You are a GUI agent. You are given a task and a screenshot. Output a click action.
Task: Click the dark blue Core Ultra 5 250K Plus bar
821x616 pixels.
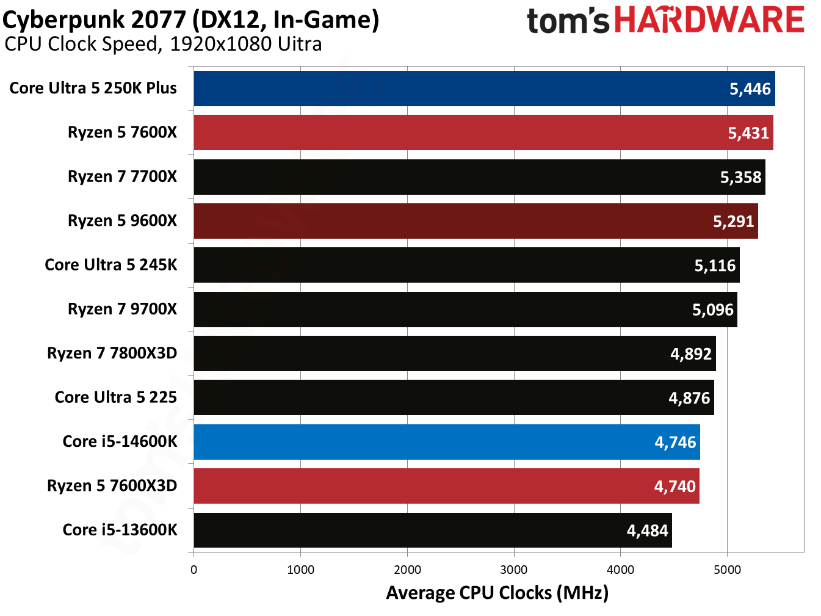pyautogui.click(x=484, y=89)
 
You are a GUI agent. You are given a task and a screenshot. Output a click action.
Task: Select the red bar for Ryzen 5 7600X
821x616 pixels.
pyautogui.click(x=483, y=132)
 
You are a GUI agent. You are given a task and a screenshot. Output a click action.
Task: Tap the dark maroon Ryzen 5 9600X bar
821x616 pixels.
pyautogui.click(x=476, y=221)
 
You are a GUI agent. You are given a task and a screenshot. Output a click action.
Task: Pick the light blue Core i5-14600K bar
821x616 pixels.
pyautogui.click(x=446, y=442)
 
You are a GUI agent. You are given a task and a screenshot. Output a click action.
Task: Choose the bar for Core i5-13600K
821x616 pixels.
pyautogui.click(x=432, y=530)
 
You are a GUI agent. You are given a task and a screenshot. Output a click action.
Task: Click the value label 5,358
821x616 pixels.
pyautogui.click(x=740, y=177)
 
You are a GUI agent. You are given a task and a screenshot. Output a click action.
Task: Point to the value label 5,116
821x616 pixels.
pyautogui.click(x=715, y=266)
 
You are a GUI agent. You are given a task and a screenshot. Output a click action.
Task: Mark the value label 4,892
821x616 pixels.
pyautogui.click(x=691, y=354)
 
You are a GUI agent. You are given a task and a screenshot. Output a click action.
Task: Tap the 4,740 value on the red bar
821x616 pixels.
pyautogui.click(x=675, y=487)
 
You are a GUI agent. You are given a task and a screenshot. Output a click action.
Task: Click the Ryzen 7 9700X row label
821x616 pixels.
pyautogui.click(x=122, y=309)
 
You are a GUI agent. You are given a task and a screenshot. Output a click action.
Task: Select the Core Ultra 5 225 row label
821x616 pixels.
pyautogui.click(x=115, y=397)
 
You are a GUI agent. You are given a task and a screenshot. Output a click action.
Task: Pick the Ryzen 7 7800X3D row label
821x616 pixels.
pyautogui.click(x=112, y=353)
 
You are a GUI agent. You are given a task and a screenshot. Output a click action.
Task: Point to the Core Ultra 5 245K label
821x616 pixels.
pyautogui.click(x=110, y=265)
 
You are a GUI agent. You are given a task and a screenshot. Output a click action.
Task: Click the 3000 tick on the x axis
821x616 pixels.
pyautogui.click(x=513, y=570)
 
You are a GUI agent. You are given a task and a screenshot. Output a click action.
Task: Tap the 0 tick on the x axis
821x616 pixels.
pyautogui.click(x=193, y=570)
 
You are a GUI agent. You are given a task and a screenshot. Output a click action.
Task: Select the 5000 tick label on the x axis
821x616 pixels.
pyautogui.click(x=727, y=570)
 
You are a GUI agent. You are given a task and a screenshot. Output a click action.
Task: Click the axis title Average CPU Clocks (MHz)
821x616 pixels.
pyautogui.click(x=497, y=593)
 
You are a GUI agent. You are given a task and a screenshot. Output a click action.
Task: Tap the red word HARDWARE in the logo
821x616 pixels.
pyautogui.click(x=709, y=20)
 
